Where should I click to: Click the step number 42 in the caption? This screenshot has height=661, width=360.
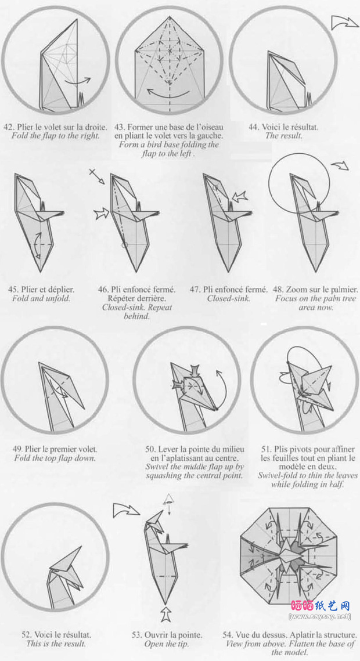8,127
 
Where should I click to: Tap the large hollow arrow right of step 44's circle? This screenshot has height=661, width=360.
344,22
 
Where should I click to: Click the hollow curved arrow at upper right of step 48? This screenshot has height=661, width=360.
340,165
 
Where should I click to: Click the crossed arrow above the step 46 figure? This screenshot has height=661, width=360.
97,176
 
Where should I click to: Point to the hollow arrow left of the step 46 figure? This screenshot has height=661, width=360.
102,214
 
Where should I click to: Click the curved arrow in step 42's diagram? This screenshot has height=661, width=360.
78,81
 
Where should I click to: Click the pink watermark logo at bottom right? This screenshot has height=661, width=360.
321,606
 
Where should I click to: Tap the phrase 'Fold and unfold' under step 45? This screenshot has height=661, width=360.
41,298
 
